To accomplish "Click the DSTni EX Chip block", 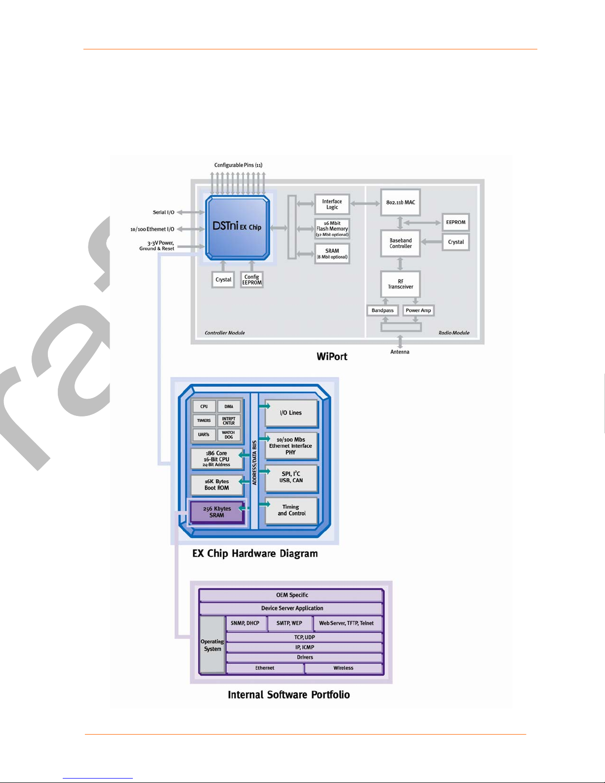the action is click(x=238, y=227).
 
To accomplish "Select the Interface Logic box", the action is click(x=332, y=205).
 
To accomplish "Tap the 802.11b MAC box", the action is click(x=401, y=203).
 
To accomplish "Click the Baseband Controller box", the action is click(x=401, y=243).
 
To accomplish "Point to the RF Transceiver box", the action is click(x=401, y=284).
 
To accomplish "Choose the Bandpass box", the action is click(x=382, y=310).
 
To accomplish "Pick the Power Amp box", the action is click(x=418, y=310).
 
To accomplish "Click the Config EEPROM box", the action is click(x=252, y=280).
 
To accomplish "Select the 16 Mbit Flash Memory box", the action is click(x=332, y=229).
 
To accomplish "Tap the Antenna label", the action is click(x=400, y=352).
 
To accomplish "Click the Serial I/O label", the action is click(x=163, y=212).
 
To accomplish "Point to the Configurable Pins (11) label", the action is click(x=239, y=165).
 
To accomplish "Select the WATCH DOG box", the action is click(x=229, y=435).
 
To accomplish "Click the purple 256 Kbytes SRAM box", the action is click(x=217, y=512).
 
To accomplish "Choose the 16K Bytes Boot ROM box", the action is click(x=217, y=485).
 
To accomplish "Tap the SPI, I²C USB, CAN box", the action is click(x=291, y=477).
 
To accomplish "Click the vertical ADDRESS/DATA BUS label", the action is click(x=254, y=463).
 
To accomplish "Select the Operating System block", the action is click(x=212, y=645).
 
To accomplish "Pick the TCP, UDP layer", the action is click(x=304, y=637).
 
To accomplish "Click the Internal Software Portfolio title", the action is click(x=289, y=695).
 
